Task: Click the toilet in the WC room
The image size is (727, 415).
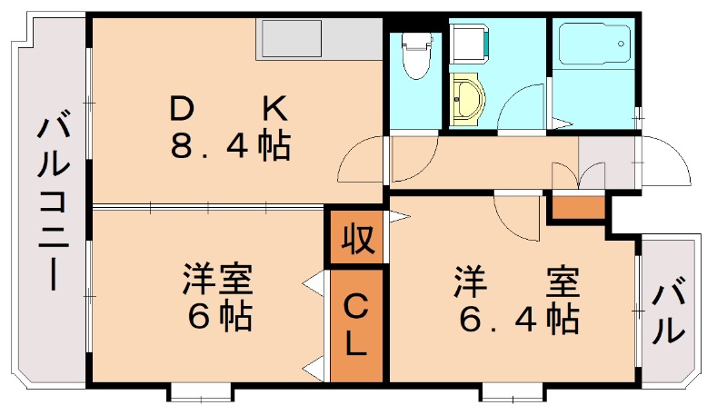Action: click(x=414, y=54)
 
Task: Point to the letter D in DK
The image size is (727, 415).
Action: click(x=182, y=110)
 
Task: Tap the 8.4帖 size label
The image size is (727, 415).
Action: click(x=231, y=145)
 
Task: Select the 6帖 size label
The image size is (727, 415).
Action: click(x=217, y=318)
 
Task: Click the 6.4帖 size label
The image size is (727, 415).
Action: click(x=517, y=319)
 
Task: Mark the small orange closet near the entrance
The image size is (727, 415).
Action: click(x=577, y=208)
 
